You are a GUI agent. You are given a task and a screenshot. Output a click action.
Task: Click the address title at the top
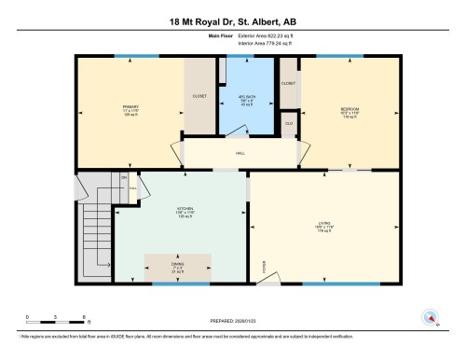click(x=233, y=21)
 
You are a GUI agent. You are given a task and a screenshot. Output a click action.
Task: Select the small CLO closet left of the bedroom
click(x=289, y=122)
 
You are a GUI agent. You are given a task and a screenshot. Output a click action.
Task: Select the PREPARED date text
click(x=233, y=322)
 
